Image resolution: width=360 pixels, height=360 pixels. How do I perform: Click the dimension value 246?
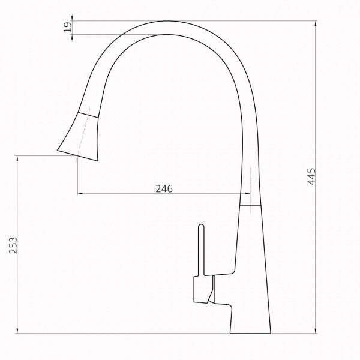point(164,188)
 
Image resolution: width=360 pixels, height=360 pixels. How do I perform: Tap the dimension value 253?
point(14,247)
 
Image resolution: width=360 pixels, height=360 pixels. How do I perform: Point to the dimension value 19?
point(68,26)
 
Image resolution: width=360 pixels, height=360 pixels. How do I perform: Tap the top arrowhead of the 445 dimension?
point(316,23)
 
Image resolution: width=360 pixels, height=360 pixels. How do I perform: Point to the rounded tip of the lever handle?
point(202,227)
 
